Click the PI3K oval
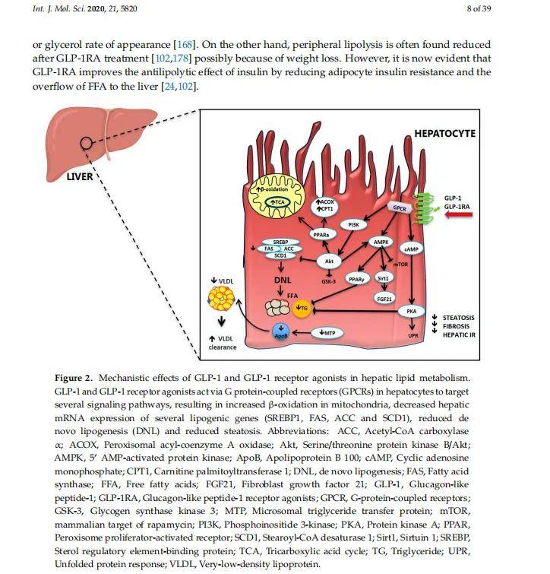pyautogui.click(x=353, y=225)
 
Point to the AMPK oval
pyautogui.click(x=381, y=242)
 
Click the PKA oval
pyautogui.click(x=411, y=310)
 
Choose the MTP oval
pyautogui.click(x=328, y=333)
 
